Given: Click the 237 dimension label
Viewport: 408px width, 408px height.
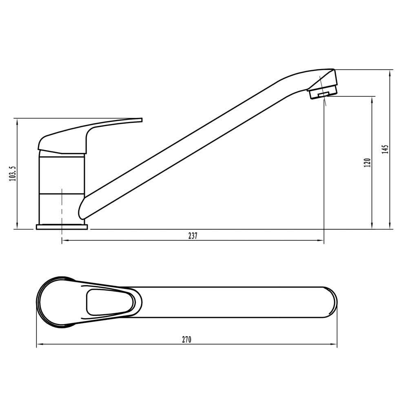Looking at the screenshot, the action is click(x=193, y=236).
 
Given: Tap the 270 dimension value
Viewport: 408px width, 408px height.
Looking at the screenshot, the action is click(x=186, y=339).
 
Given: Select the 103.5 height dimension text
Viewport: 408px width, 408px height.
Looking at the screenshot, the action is click(x=13, y=173).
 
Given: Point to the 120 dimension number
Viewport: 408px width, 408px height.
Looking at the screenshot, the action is click(x=368, y=163).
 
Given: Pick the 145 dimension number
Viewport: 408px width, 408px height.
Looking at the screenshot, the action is click(x=386, y=149).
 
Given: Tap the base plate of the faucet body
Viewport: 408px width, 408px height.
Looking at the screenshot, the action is click(x=62, y=227).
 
